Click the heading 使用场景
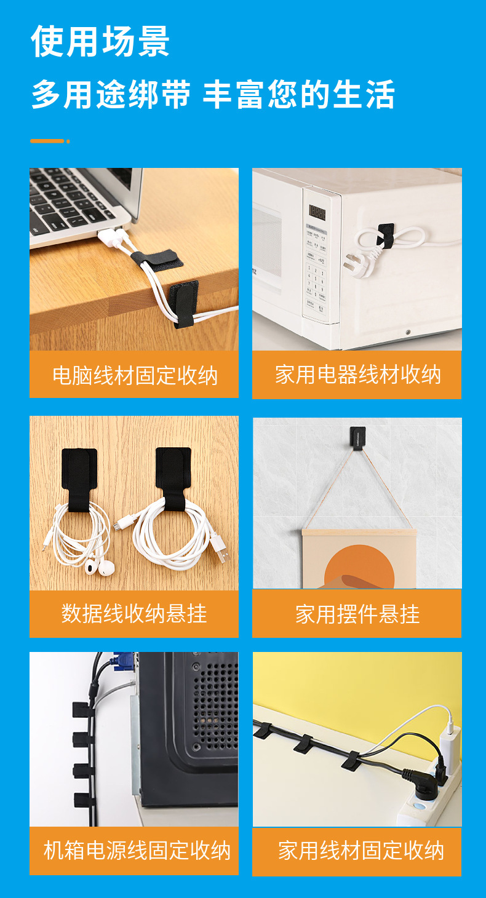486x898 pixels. coord(100,42)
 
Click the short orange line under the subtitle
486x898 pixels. coord(49,141)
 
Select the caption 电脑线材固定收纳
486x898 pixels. coord(135,375)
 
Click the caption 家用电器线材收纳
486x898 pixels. coord(357,375)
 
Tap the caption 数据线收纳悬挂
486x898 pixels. coord(134,613)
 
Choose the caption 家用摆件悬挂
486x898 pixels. coord(357,614)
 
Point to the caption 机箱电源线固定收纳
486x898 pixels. coord(137,851)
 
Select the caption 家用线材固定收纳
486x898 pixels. coord(361,851)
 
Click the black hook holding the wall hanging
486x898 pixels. coord(357,437)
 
